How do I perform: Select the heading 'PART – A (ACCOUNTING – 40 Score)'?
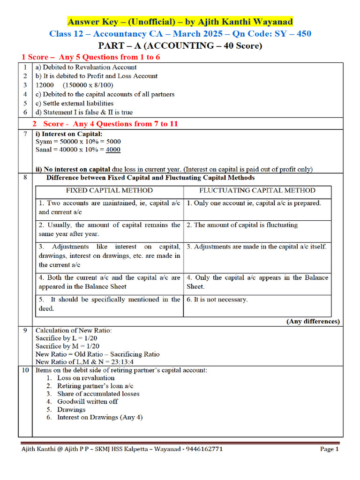(x=180, y=46)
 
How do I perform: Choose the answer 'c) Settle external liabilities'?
(x=75, y=103)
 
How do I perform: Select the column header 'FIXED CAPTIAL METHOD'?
(x=109, y=190)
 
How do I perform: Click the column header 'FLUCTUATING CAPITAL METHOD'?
(x=257, y=190)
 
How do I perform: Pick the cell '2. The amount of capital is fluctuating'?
(x=242, y=225)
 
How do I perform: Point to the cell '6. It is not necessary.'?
(x=217, y=300)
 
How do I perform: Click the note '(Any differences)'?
(x=313, y=322)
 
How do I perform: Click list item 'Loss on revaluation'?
(x=86, y=378)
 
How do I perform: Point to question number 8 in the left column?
(x=24, y=178)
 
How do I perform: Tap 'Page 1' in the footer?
(x=329, y=449)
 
